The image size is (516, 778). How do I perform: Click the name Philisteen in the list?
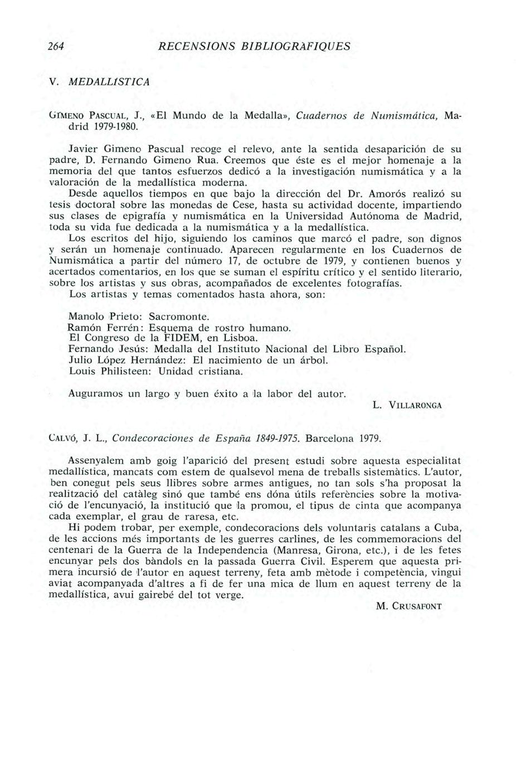click(x=123, y=371)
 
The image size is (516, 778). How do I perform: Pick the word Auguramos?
click(x=95, y=393)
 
